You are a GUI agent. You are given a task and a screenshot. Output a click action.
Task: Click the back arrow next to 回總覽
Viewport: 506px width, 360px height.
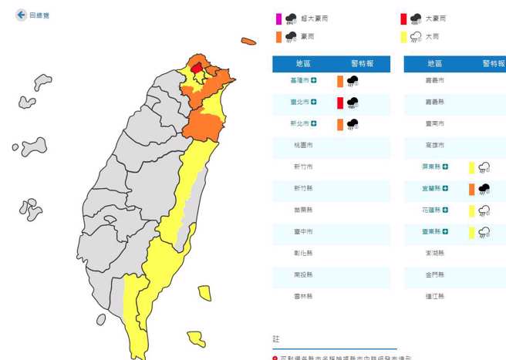(21, 15)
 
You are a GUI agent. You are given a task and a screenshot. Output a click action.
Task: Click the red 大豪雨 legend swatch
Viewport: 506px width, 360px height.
(403, 19)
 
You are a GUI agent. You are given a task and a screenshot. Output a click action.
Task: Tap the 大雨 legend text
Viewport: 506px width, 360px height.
(431, 36)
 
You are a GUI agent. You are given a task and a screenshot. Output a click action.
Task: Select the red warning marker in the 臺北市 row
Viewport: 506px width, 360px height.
(339, 103)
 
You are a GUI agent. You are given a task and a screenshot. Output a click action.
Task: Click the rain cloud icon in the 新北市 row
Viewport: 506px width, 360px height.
(353, 123)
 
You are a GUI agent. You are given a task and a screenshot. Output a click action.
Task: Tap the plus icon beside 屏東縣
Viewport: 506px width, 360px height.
(445, 167)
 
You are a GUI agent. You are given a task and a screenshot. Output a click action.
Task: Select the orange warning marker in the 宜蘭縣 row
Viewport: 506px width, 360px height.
(471, 189)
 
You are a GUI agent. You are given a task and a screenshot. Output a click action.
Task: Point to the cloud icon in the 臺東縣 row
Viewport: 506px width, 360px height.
(484, 232)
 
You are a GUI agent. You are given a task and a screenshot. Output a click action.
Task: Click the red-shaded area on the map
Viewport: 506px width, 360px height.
(197, 68)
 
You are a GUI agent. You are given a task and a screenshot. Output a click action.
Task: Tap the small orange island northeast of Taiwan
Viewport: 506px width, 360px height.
(248, 41)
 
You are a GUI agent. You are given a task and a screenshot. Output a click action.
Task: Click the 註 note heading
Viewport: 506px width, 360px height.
(276, 339)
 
